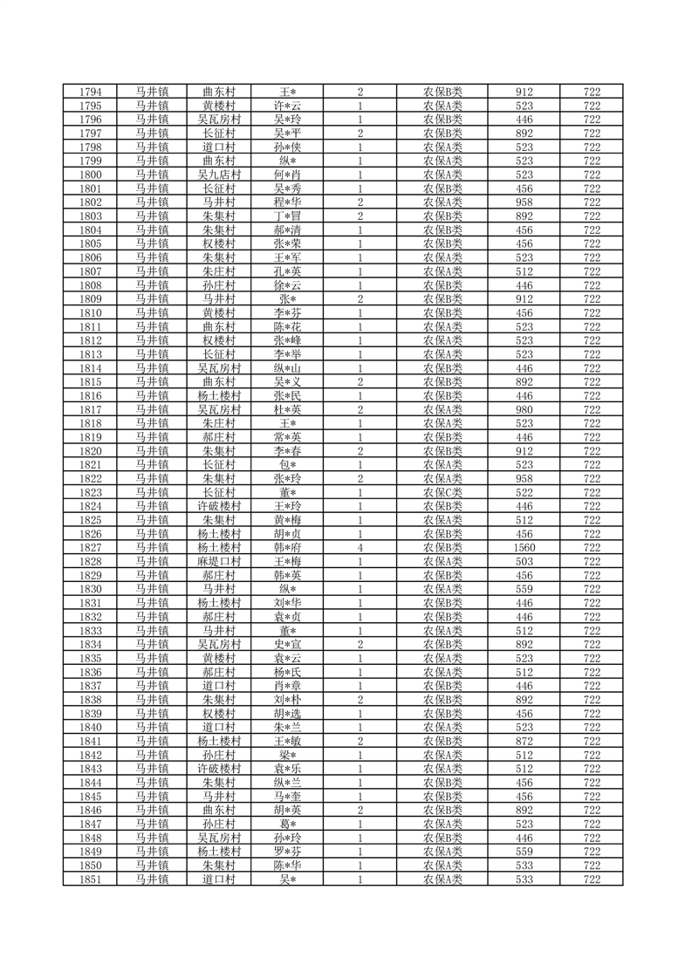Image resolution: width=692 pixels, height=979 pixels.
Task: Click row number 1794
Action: pos(92,92)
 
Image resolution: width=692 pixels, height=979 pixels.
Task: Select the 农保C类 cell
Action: pos(442,492)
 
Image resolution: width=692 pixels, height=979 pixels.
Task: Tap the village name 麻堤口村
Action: pos(219,562)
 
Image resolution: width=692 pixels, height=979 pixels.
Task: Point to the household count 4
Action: pos(360,548)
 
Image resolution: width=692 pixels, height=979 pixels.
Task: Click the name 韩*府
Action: pos(288,548)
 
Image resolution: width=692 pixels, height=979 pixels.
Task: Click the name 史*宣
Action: pos(288,645)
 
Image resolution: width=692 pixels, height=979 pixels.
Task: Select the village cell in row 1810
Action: pos(219,312)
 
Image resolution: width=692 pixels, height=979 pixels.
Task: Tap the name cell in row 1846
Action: pos(288,811)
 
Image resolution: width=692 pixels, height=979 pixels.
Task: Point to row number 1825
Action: pos(92,520)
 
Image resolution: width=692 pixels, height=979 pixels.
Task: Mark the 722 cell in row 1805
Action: pos(593,243)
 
